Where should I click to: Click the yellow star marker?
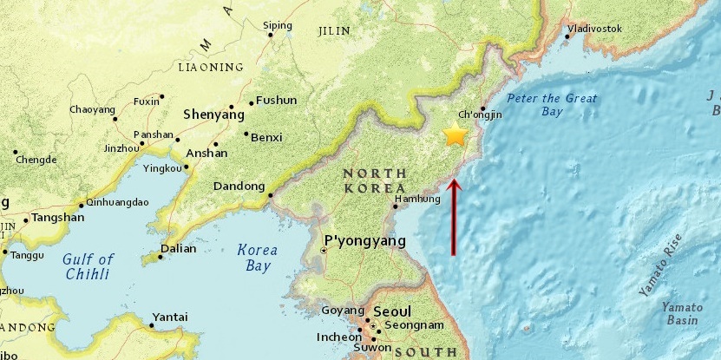coord(455,134)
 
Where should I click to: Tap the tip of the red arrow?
coord(454,180)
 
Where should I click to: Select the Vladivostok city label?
coord(595,29)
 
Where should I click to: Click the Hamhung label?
coord(412,199)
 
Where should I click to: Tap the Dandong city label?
coord(239,186)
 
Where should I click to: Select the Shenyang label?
coord(213,114)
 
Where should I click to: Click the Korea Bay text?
coord(258,258)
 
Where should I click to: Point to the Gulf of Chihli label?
coord(88,266)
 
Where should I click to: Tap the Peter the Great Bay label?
coord(552,105)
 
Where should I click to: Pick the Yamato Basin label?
coord(681,313)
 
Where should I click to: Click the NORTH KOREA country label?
coord(375,180)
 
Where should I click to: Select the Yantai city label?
coord(170,317)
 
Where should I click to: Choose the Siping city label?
coord(279,25)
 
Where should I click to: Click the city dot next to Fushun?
coord(251,103)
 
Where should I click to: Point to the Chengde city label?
coord(36,160)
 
